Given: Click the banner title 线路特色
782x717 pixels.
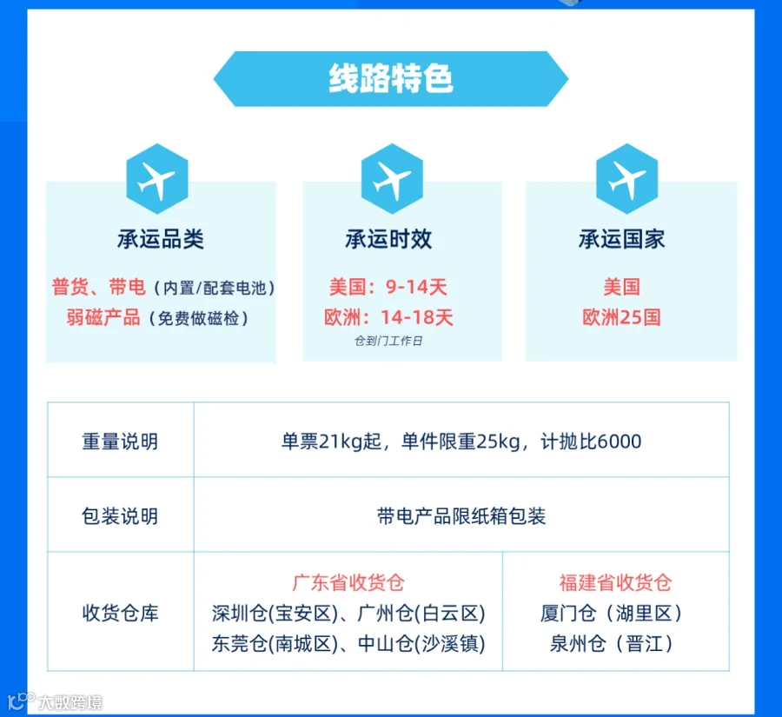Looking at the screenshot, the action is click(x=391, y=79).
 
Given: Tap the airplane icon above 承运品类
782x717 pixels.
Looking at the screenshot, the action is click(x=157, y=179).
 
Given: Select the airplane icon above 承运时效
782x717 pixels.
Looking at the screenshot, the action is click(x=392, y=179).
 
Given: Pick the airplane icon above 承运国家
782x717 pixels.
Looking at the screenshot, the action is click(x=626, y=179).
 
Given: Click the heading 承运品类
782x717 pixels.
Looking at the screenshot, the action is click(x=161, y=239).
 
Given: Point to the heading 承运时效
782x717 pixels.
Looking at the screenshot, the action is click(x=388, y=239).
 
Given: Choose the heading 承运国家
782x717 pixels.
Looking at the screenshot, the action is click(x=621, y=239).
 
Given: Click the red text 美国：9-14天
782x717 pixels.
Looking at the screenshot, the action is click(x=388, y=287).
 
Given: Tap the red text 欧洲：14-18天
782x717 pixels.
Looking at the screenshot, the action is click(x=388, y=317).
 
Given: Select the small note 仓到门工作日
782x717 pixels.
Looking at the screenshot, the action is click(x=388, y=341).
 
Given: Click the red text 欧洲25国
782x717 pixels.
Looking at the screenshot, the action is click(x=621, y=317).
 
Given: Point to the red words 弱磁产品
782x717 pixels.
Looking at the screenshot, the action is click(x=103, y=318).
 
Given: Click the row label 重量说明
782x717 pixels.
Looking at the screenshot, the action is click(x=120, y=441).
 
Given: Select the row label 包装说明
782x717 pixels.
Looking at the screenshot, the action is click(x=120, y=516).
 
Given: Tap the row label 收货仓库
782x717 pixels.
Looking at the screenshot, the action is click(x=120, y=613).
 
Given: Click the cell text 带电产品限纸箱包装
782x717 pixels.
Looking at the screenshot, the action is click(x=461, y=516).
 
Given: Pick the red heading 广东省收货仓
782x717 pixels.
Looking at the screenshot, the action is click(x=348, y=582).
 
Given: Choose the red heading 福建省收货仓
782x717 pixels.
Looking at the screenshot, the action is click(x=615, y=582).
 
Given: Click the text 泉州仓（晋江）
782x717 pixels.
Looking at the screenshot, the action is click(x=612, y=644).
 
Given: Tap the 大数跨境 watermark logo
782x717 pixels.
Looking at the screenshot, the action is click(x=55, y=701).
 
